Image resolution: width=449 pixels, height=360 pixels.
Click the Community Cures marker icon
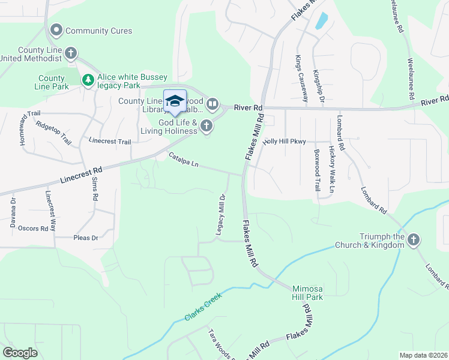click(x=58, y=30)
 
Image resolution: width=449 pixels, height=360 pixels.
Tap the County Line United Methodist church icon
click(x=71, y=53)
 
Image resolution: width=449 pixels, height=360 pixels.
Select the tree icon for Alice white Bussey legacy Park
click(x=88, y=79)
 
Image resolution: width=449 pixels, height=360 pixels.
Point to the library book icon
click(x=212, y=105)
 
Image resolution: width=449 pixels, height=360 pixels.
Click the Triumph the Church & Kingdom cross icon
click(x=413, y=241)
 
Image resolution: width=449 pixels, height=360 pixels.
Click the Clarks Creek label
click(x=203, y=306)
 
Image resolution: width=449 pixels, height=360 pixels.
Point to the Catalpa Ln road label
click(x=184, y=160)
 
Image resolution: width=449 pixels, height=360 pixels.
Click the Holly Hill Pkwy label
click(x=285, y=142)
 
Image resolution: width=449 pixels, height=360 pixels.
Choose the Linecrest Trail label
click(x=109, y=142)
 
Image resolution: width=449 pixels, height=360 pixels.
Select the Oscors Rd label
click(x=33, y=229)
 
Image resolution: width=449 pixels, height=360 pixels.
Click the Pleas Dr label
click(x=85, y=238)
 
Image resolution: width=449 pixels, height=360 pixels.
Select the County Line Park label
click(x=52, y=82)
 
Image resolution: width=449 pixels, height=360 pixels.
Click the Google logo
click(x=20, y=353)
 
